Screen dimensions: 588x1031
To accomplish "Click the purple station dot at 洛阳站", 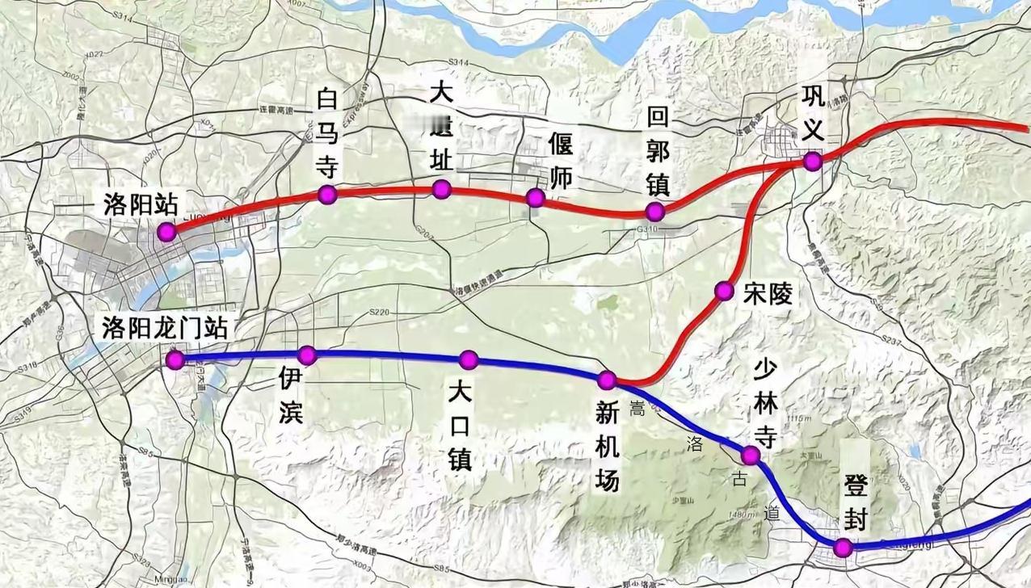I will (166, 233).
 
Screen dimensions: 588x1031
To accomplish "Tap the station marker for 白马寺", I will (327, 194).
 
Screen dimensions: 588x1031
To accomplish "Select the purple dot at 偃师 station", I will (535, 198).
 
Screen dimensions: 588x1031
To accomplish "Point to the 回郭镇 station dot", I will (655, 212).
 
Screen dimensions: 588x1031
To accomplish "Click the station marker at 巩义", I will (813, 162).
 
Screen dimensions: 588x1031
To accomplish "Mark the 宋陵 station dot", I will (724, 291).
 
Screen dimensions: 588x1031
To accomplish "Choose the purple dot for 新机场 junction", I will (607, 380).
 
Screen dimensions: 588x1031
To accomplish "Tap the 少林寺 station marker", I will (751, 456).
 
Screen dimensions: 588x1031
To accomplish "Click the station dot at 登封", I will (844, 548).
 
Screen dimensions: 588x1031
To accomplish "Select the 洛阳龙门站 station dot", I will (175, 360).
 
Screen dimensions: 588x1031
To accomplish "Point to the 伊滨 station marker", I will (306, 355).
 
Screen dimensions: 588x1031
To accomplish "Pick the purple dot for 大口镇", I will (469, 359).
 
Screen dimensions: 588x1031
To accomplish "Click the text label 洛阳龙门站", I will (165, 328).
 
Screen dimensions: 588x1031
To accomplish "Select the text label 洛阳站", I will (140, 204).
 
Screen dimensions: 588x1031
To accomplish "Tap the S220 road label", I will (379, 312).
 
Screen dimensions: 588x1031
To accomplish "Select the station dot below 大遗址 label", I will (441, 189).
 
